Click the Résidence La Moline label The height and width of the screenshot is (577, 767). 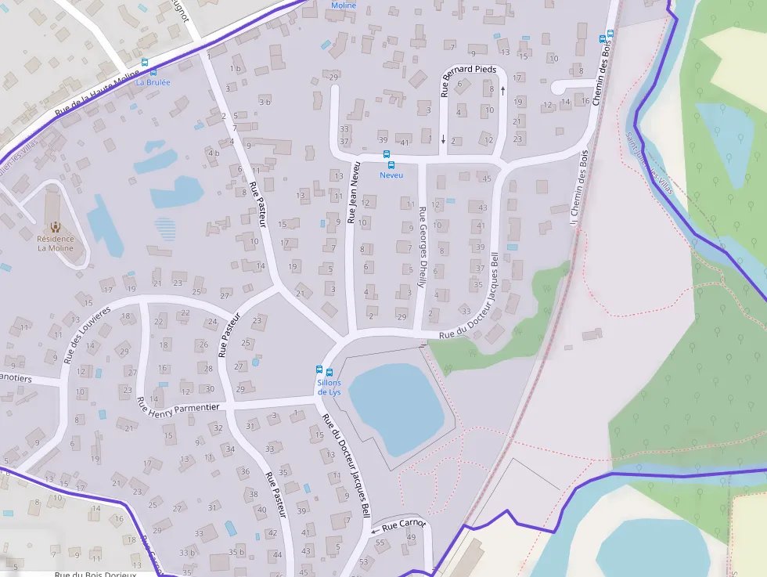click(56, 243)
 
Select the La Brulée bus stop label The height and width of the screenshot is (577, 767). click(153, 81)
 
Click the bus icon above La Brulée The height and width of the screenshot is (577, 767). click(143, 63)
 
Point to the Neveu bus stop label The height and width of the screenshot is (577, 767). click(391, 175)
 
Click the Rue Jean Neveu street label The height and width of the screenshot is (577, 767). click(352, 193)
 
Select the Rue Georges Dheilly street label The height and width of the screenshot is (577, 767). click(422, 247)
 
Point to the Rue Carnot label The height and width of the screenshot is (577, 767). click(402, 525)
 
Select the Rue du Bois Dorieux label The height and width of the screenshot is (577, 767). click(95, 574)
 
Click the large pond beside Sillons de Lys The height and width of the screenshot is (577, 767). click(396, 408)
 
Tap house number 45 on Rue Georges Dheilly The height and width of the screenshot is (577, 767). click(486, 179)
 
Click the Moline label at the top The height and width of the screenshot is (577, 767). click(343, 5)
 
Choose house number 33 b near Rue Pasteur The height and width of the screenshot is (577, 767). click(187, 553)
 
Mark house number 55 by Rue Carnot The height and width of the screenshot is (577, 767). click(380, 542)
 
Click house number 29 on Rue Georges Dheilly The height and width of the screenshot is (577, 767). click(402, 316)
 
